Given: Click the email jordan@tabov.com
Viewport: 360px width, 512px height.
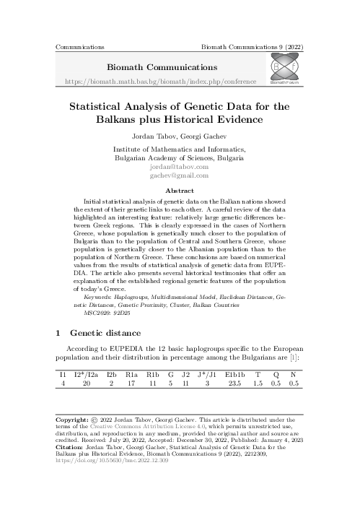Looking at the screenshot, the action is [180, 165].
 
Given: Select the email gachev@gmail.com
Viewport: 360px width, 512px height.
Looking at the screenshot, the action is [180, 175].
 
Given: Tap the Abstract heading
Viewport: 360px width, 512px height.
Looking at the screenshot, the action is [180, 191].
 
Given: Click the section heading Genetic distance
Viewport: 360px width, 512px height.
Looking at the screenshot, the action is [102, 334].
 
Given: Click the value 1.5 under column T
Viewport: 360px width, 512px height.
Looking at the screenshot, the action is [258, 384].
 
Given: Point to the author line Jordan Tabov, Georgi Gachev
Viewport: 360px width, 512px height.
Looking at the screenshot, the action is [180, 135].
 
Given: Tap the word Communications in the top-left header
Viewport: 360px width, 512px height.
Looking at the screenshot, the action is [79, 45].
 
